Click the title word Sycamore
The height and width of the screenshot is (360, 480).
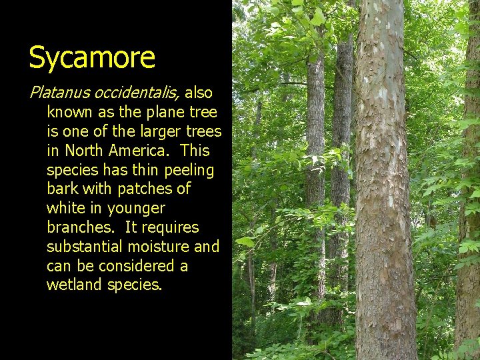coord(92,57)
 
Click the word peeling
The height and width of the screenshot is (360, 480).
coord(188,170)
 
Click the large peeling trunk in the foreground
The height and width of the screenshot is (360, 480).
coord(385,200)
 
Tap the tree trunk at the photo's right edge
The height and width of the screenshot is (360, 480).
coord(469,200)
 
